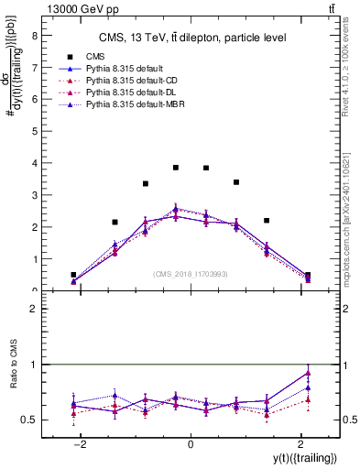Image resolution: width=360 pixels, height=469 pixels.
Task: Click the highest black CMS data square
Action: coord(176,168)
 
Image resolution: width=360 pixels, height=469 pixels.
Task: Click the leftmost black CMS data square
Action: coord(73,275)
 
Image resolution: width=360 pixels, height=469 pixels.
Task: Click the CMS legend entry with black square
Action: coord(95,54)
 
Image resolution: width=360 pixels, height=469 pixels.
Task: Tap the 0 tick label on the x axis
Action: coord(191,443)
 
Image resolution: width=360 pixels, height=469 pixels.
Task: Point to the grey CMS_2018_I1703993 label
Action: coord(191,274)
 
